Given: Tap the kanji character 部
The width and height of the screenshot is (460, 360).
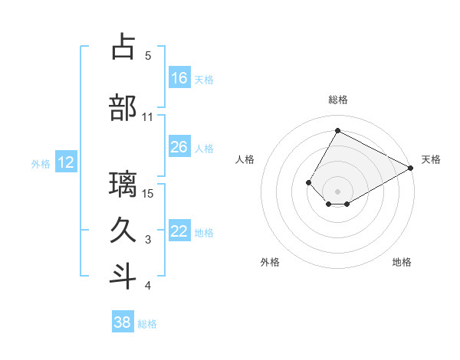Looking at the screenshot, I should (123, 108).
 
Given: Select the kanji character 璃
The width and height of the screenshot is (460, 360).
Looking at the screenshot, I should (123, 185).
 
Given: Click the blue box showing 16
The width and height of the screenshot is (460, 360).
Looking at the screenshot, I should (179, 78).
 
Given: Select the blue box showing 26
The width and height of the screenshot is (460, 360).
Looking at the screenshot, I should (179, 147).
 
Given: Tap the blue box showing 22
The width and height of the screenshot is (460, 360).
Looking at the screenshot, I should (179, 231).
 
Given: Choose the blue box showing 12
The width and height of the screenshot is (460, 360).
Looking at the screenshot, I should (66, 162).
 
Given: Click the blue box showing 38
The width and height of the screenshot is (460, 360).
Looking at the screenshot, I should (123, 322).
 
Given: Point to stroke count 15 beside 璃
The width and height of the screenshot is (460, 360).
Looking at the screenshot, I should (148, 193).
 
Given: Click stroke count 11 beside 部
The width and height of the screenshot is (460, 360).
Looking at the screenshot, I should (148, 117).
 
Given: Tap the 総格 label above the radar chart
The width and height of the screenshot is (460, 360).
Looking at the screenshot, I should (337, 100).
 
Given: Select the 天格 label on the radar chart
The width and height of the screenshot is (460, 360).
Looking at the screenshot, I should (431, 159).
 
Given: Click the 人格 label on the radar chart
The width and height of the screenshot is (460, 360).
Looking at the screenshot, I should (245, 159).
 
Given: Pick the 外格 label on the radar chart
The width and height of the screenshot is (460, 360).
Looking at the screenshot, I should (270, 262).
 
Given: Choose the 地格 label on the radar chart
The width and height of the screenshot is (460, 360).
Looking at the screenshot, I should (402, 262).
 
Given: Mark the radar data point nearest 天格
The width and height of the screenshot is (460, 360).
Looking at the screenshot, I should (411, 168).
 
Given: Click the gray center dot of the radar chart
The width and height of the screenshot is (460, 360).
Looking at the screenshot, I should (337, 191).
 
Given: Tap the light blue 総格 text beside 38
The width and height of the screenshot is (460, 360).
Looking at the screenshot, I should (147, 324).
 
